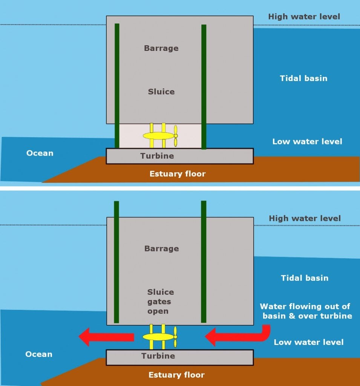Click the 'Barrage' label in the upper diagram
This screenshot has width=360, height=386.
(x=161, y=48)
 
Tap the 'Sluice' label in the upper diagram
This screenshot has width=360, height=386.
(x=161, y=92)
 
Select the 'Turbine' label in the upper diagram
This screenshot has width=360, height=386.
(x=157, y=156)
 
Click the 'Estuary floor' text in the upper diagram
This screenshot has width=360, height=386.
(x=177, y=174)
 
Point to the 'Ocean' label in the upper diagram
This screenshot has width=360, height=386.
(x=40, y=153)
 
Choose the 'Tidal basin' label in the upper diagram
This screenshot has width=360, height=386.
(x=303, y=78)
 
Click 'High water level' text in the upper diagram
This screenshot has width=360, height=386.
(x=304, y=17)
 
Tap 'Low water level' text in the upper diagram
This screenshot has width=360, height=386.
(x=307, y=142)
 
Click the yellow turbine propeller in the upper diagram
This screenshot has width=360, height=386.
(x=176, y=136)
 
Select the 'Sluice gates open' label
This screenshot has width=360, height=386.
(x=161, y=302)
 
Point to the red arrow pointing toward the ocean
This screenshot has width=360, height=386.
(x=106, y=337)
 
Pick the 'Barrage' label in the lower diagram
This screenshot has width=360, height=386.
(x=161, y=248)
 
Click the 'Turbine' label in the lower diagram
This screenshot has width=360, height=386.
(x=158, y=356)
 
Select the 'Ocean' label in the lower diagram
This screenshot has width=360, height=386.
(x=38, y=354)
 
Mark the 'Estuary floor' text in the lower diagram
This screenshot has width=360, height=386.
(x=176, y=375)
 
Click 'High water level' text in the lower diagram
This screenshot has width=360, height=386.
(x=305, y=218)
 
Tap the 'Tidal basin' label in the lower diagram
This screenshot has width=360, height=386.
(x=305, y=278)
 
